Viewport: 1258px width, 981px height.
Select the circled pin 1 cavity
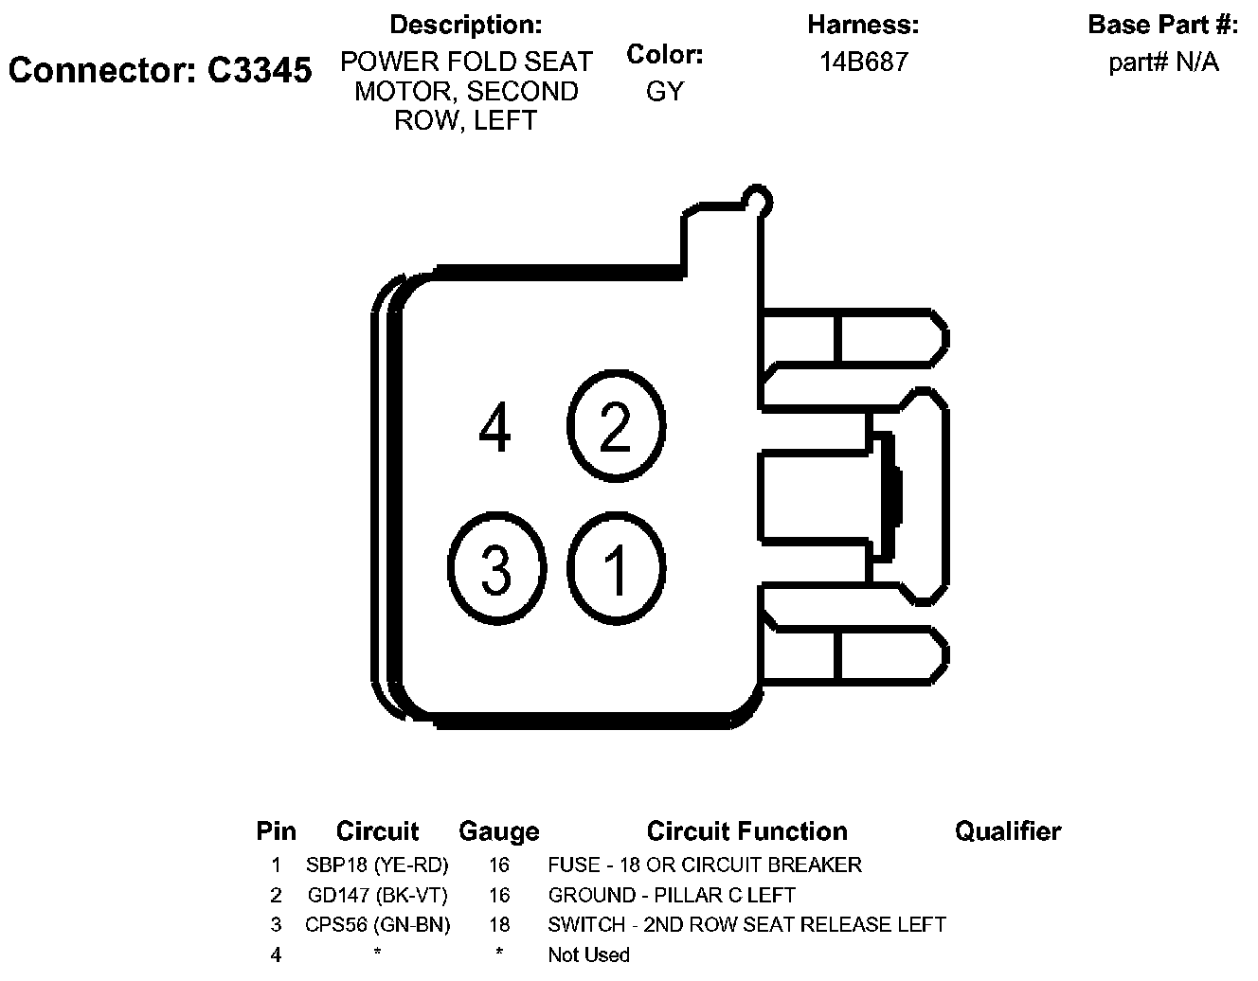(616, 569)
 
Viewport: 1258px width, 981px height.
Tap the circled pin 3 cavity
(495, 569)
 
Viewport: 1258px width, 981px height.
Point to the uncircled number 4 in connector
(495, 427)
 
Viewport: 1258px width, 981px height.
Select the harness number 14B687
(863, 62)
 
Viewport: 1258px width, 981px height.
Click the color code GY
(664, 92)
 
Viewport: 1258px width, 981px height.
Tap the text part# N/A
(1162, 62)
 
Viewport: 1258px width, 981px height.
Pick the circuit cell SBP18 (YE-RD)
(377, 865)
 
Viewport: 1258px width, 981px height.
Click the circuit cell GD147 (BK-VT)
(377, 895)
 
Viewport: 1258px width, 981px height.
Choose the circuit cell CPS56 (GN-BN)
(377, 924)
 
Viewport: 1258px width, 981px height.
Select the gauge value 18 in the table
(498, 924)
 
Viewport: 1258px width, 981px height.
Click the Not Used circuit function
(588, 954)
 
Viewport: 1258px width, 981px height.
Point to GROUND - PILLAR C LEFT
(672, 895)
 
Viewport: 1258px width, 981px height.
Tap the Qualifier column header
(1007, 831)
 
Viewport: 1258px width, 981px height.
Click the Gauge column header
(498, 831)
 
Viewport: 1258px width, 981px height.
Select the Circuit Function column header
(746, 831)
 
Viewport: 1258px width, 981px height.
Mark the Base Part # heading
(1162, 25)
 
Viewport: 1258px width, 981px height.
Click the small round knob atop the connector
(758, 200)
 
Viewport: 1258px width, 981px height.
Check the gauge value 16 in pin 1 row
(498, 865)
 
